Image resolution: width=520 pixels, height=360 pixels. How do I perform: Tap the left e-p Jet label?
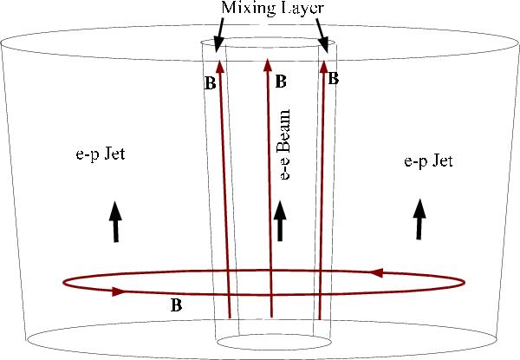pos(101,155)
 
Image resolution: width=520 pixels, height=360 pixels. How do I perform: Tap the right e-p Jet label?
pos(428,161)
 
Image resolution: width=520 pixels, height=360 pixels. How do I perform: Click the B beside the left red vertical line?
pos(207,85)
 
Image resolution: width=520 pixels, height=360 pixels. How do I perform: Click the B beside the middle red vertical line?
pos(280,82)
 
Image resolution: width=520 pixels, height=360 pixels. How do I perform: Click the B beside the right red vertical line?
pos(334,77)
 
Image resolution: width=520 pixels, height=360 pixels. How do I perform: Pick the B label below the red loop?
pos(176,305)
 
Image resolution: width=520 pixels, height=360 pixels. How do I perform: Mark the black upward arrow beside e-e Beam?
pos(278,221)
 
